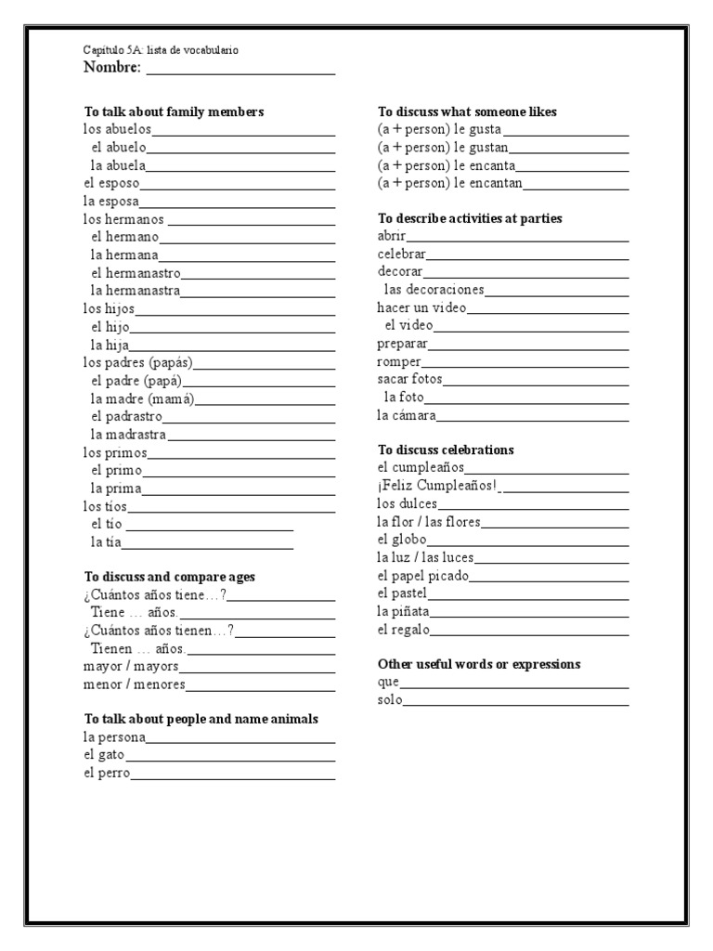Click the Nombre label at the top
(112, 68)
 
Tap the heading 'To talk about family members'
(174, 111)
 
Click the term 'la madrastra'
(128, 435)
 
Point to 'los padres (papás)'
(137, 362)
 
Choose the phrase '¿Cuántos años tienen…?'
(158, 631)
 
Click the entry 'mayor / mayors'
(130, 667)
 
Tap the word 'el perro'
(106, 773)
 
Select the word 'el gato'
(103, 755)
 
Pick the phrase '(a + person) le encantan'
(449, 184)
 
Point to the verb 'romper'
(399, 361)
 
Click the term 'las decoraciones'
(434, 290)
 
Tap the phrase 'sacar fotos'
(409, 379)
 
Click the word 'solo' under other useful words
(390, 700)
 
